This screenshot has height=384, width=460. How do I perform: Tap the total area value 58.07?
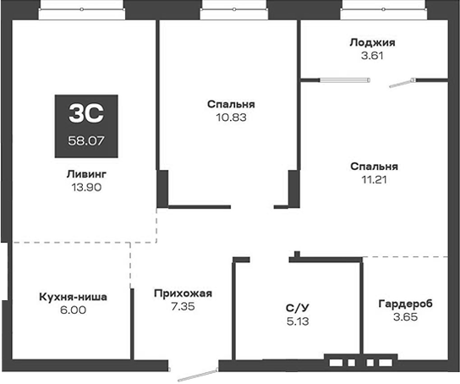(x=87, y=140)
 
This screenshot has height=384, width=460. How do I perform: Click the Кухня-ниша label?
(x=74, y=297)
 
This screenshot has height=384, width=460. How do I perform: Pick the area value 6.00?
(x=74, y=310)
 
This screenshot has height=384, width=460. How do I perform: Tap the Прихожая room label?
(x=183, y=293)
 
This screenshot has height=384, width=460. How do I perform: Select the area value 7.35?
(x=183, y=307)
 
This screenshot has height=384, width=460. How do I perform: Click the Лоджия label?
(x=373, y=42)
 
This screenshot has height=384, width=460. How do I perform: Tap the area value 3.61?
(x=373, y=56)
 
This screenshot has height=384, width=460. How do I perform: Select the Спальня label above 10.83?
(x=231, y=104)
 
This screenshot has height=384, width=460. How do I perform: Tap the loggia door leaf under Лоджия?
(x=399, y=84)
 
